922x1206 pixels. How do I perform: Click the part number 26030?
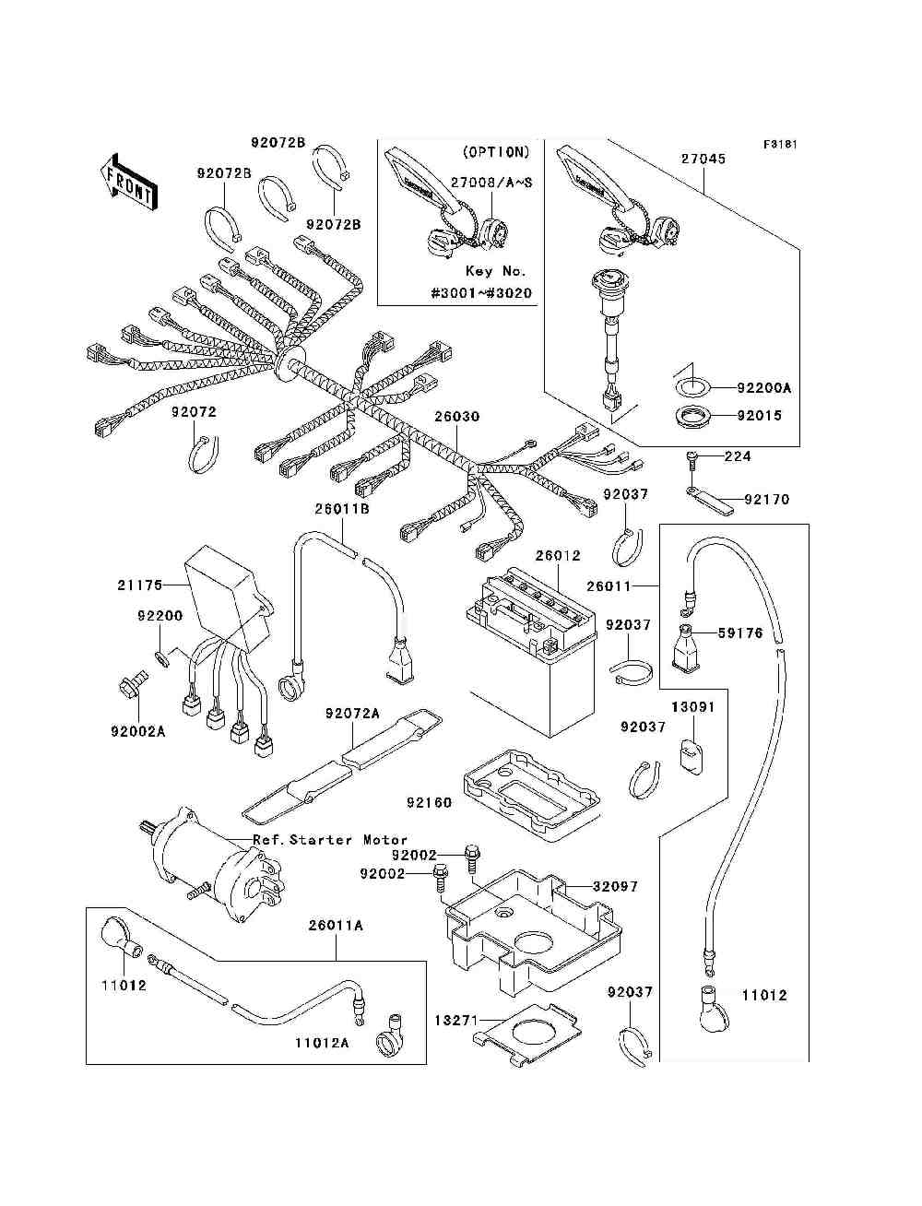tap(457, 417)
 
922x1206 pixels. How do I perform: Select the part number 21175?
tap(139, 585)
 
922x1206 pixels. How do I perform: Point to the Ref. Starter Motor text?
tap(330, 840)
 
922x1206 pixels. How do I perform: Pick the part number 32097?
tap(615, 886)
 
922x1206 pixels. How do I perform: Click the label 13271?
tap(457, 1021)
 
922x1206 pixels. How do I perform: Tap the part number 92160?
tap(429, 802)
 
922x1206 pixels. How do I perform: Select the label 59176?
tap(741, 633)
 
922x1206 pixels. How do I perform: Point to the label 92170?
tap(767, 500)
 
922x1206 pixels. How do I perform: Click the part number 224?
tap(738, 456)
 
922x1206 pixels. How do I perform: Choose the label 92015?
tap(759, 416)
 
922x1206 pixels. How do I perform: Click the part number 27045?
tap(703, 159)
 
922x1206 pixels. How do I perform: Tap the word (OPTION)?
tap(494, 152)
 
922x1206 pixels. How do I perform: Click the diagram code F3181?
tap(779, 145)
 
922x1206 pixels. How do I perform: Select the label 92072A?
tap(352, 714)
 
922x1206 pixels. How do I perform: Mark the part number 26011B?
tap(342, 508)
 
